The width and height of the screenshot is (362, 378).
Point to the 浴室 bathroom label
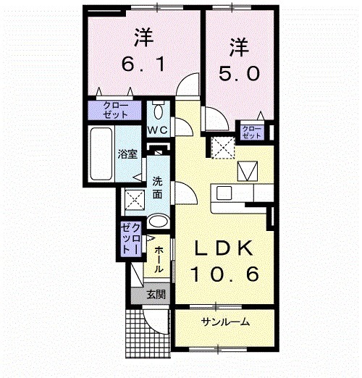pyautogui.click(x=127, y=154)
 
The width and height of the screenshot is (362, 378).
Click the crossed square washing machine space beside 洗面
pyautogui.click(x=133, y=198)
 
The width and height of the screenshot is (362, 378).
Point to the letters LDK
pyautogui.click(x=224, y=248)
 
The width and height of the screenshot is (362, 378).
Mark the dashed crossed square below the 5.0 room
pyautogui.click(x=222, y=148)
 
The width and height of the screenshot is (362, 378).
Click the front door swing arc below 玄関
pyautogui.click(x=153, y=319)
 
